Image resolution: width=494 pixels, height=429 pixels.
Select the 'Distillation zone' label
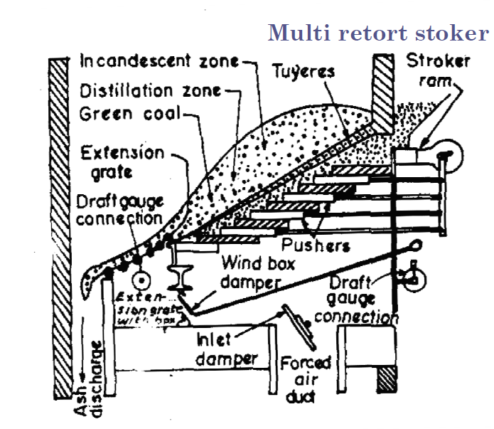tap(149, 91)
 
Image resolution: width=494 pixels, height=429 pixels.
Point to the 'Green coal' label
tap(130, 113)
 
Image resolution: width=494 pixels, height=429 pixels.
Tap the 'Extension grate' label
tap(122, 163)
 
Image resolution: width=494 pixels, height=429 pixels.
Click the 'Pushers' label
tap(316, 246)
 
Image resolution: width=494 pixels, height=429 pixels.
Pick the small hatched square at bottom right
tap(389, 381)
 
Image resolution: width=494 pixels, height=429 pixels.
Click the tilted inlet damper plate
tap(295, 323)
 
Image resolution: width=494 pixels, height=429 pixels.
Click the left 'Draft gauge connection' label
tap(119, 210)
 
